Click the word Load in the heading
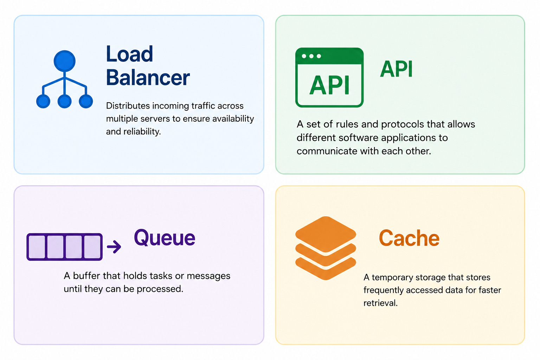129,54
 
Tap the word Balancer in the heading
148,78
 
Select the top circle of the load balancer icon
64,61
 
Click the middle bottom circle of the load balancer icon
64,101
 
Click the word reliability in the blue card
142,131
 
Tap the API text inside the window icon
329,85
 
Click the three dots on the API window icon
311,56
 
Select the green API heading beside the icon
396,69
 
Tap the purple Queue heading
165,238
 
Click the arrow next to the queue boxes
114,247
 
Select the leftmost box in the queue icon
37,247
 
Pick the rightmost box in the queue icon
92,247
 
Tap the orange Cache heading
409,238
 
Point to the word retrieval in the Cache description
380,303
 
